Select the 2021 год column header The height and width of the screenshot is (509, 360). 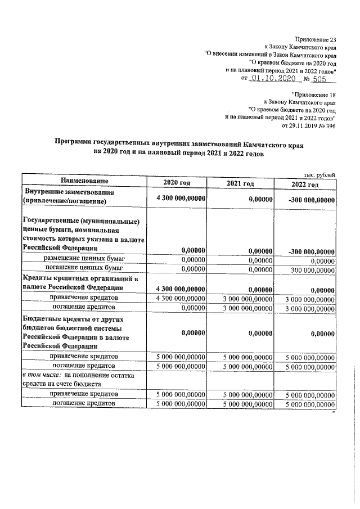click(240, 184)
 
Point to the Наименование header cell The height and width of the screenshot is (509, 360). click(84, 181)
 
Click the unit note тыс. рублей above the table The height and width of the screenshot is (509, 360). click(319, 174)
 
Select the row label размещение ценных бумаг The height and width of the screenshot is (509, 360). click(84, 258)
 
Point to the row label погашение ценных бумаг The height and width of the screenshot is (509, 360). click(84, 268)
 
